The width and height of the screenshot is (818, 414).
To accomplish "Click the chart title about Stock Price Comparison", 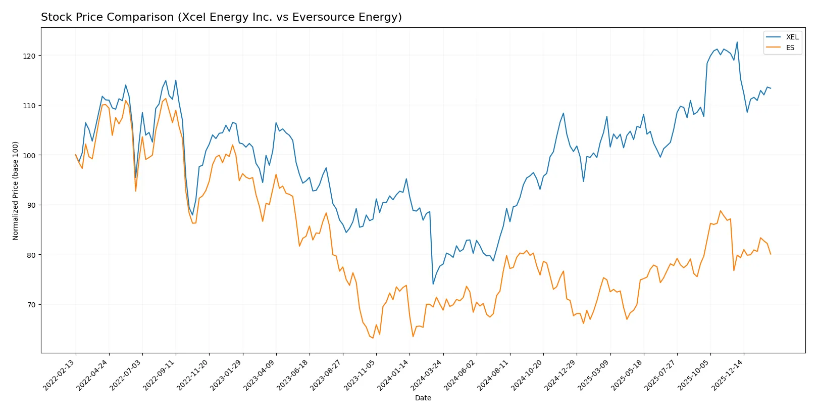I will (x=221, y=17).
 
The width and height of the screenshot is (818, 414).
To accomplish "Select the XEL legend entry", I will (x=792, y=37).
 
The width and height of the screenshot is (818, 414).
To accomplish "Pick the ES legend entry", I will (x=790, y=48).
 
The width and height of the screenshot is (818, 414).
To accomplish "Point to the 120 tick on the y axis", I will (x=29, y=56).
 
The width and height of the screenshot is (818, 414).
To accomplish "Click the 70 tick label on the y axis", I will (x=31, y=305).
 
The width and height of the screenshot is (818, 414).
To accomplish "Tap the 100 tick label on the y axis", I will (x=29, y=155).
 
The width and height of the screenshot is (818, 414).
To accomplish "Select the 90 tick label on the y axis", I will (x=31, y=205).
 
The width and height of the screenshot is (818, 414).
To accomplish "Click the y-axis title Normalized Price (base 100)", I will (x=15, y=191).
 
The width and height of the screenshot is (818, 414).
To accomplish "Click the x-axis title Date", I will (x=423, y=398).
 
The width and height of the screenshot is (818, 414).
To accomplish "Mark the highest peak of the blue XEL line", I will (x=737, y=42).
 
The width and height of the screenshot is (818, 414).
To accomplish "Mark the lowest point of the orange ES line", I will (x=373, y=338).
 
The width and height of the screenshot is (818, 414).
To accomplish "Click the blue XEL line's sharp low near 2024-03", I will (x=433, y=284).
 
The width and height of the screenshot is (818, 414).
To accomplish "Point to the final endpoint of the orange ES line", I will (x=771, y=254).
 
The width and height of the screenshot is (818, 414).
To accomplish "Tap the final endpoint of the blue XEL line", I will (x=771, y=88).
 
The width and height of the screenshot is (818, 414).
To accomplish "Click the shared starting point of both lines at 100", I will (x=76, y=155).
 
